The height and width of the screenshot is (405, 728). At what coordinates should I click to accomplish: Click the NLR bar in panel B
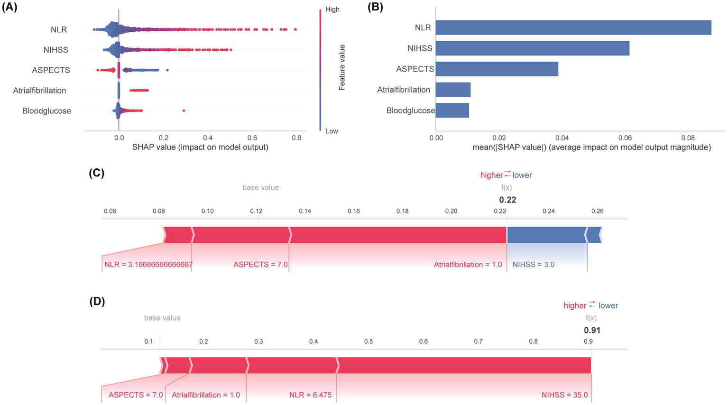[x=573, y=28]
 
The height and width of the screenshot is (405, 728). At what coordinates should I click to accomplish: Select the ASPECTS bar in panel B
[x=497, y=69]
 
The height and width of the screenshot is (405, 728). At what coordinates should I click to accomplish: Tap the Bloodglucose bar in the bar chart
[x=452, y=110]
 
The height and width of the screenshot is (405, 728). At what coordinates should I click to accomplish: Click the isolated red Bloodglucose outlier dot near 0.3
[x=184, y=111]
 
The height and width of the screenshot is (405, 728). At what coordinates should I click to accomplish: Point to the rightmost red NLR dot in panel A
[x=295, y=29]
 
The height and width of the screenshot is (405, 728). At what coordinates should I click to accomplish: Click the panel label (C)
[x=97, y=173]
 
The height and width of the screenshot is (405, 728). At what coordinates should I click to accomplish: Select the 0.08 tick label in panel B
[x=688, y=138]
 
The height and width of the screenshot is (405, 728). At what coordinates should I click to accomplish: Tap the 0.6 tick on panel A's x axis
[x=252, y=138]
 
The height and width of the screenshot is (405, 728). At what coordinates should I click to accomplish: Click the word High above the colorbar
[x=332, y=9]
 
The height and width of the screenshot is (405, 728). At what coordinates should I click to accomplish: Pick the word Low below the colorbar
[x=332, y=131]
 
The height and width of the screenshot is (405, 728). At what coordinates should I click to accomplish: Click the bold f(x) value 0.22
[x=507, y=200]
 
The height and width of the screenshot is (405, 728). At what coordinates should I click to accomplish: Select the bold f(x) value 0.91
[x=592, y=331]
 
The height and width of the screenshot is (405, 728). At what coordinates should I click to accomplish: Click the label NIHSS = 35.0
[x=564, y=395]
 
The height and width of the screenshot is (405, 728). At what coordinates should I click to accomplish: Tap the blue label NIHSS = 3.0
[x=533, y=265]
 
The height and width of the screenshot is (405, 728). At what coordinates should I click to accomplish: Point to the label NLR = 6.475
[x=310, y=395]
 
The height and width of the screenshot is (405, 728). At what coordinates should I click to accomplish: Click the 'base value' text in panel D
[x=162, y=318]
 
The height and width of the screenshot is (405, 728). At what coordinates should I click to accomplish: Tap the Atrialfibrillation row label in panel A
[x=39, y=91]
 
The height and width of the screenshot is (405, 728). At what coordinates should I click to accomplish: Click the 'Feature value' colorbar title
[x=342, y=67]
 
